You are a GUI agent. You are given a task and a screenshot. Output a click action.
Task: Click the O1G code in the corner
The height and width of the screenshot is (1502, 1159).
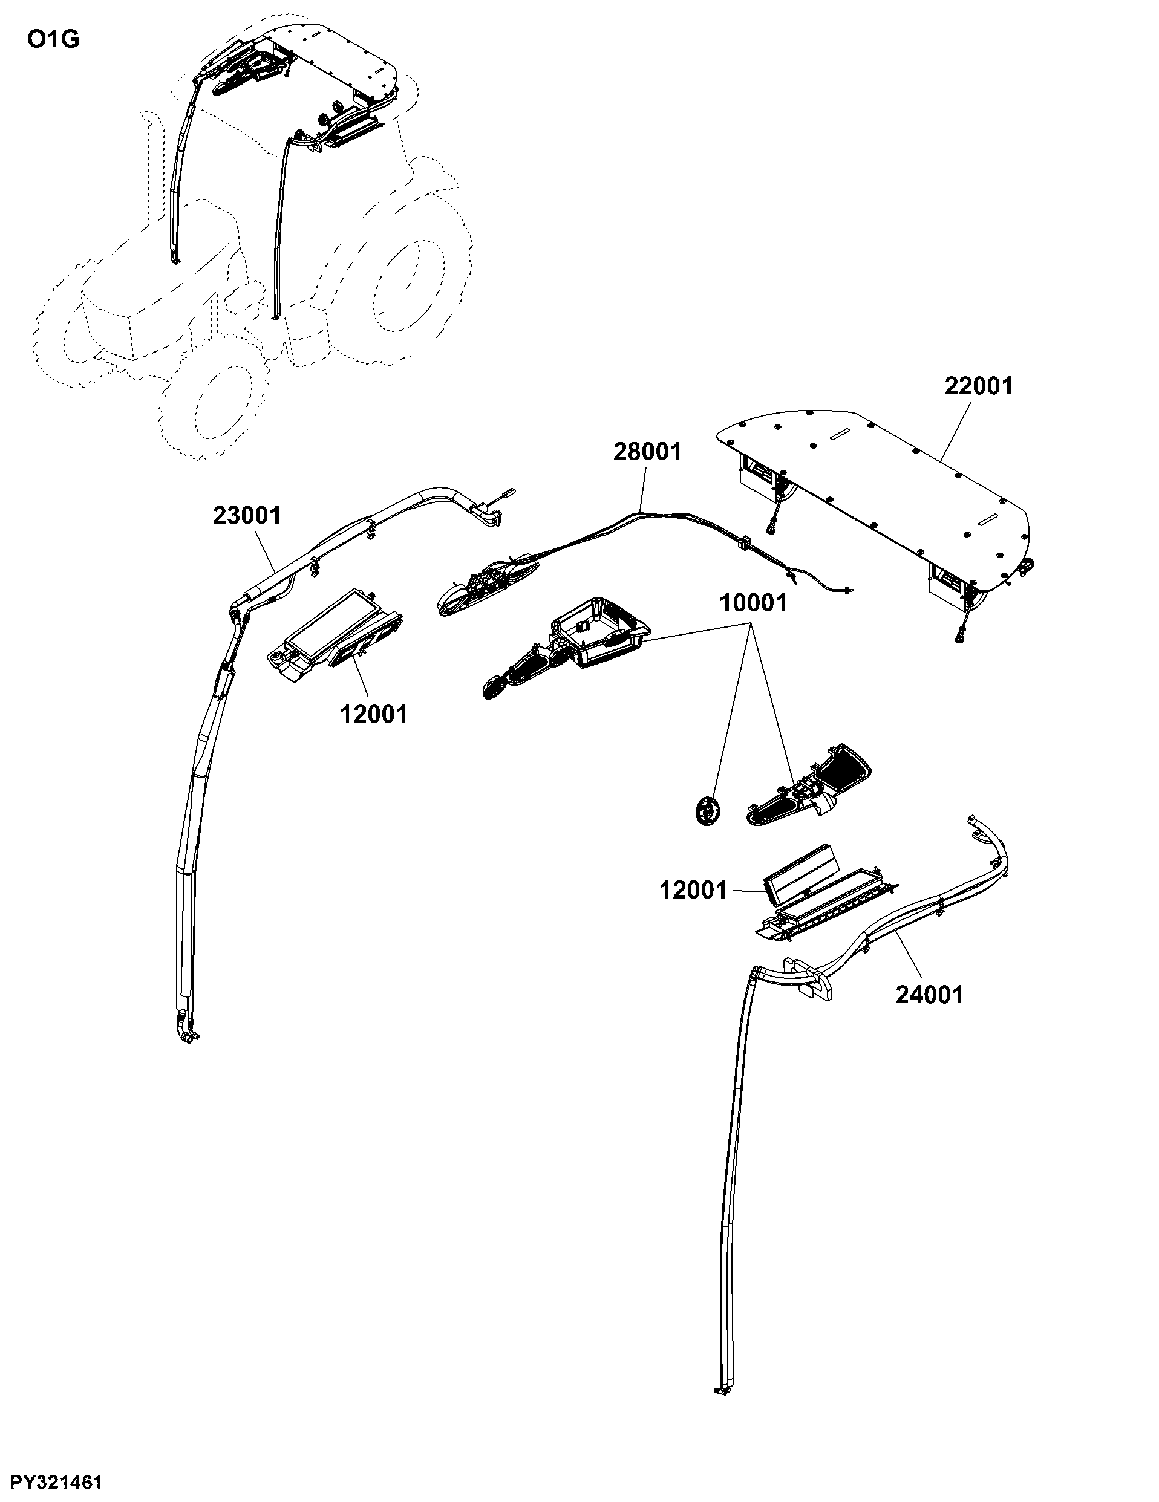click(53, 39)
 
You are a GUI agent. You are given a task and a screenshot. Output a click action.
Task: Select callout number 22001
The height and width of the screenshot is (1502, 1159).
click(979, 386)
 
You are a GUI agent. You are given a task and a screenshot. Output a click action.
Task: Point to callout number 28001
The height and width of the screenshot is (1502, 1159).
click(647, 452)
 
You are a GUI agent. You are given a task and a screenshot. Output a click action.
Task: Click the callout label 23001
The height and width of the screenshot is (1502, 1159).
click(247, 515)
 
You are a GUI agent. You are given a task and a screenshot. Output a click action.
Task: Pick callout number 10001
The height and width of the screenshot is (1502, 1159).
click(753, 603)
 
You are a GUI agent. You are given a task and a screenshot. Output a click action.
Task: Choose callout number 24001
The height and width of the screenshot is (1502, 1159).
click(929, 995)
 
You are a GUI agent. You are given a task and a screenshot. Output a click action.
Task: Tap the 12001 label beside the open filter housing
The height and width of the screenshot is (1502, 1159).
click(693, 891)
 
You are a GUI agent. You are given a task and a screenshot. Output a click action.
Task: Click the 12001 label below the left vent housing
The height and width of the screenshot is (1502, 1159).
click(374, 715)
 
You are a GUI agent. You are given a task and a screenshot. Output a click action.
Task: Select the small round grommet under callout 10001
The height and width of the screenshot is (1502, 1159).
click(707, 810)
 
